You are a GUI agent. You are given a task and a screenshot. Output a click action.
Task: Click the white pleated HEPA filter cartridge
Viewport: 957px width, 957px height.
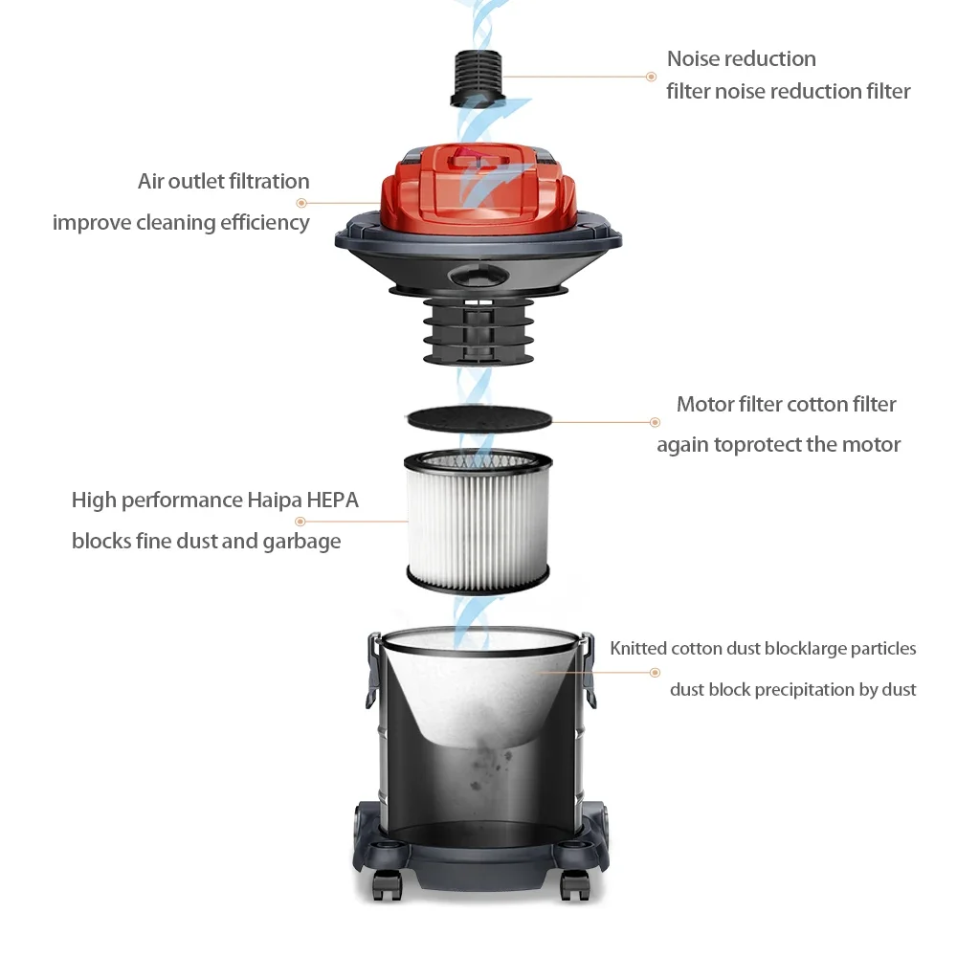point(478,522)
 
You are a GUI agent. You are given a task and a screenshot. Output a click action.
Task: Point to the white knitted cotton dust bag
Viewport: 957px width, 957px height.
point(478,689)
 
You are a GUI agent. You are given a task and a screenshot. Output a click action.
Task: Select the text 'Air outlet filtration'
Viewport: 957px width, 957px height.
point(224,181)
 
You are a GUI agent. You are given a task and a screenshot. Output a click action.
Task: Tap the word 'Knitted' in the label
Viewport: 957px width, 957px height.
point(638,648)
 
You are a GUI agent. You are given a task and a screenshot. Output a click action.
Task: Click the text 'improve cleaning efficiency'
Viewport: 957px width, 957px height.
point(181,222)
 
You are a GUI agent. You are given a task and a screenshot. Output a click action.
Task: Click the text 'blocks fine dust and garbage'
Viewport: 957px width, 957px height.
point(206,541)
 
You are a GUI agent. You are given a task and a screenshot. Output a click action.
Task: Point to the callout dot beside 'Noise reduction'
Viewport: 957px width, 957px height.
point(651,77)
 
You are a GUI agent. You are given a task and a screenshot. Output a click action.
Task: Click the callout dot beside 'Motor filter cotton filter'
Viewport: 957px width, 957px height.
point(655,422)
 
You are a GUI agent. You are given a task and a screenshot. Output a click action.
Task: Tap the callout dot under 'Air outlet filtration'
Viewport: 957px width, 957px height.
point(301,203)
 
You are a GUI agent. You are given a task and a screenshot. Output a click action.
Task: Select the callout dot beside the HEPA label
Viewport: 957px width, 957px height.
point(300,522)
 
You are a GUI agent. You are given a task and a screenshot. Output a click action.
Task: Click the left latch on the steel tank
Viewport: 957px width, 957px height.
point(372,670)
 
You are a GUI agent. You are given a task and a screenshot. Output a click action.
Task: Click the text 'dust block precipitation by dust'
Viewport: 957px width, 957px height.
point(792,689)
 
